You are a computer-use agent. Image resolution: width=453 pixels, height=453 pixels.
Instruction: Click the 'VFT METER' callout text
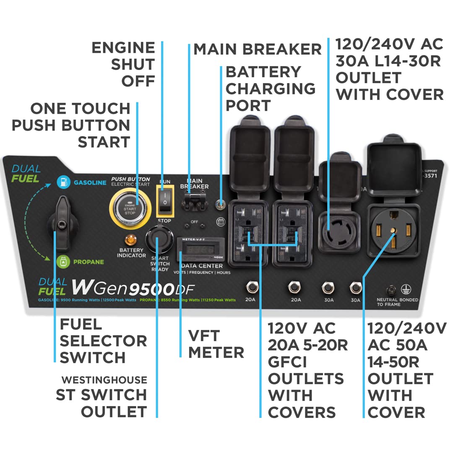click(x=216, y=344)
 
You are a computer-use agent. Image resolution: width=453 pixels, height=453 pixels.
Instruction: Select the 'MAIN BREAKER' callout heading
click(x=257, y=49)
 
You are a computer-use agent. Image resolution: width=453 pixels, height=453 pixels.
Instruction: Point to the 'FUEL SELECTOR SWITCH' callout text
click(x=103, y=341)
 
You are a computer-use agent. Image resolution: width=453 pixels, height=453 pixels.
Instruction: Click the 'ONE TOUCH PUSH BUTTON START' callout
click(x=71, y=125)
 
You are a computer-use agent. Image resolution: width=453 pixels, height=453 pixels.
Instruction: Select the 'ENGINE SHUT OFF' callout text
click(x=123, y=64)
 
